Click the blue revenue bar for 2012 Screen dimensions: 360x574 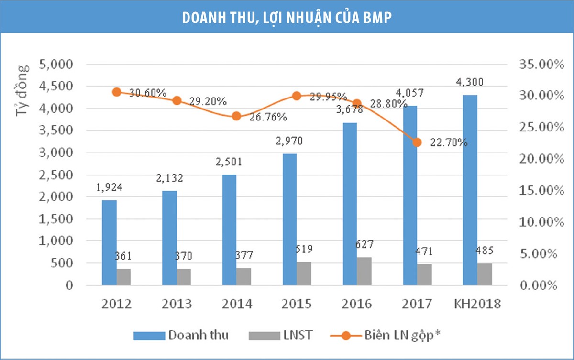pyautogui.click(x=109, y=242)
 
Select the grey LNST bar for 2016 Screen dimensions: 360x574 pyautogui.click(x=364, y=271)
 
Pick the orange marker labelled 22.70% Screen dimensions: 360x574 pyautogui.click(x=417, y=142)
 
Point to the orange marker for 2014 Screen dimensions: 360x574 pyautogui.click(x=236, y=116)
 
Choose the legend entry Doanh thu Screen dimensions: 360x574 pyautogui.click(x=198, y=335)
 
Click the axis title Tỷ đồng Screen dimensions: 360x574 pyautogui.click(x=22, y=90)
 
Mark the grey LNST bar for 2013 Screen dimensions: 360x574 pyautogui.click(x=184, y=277)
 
